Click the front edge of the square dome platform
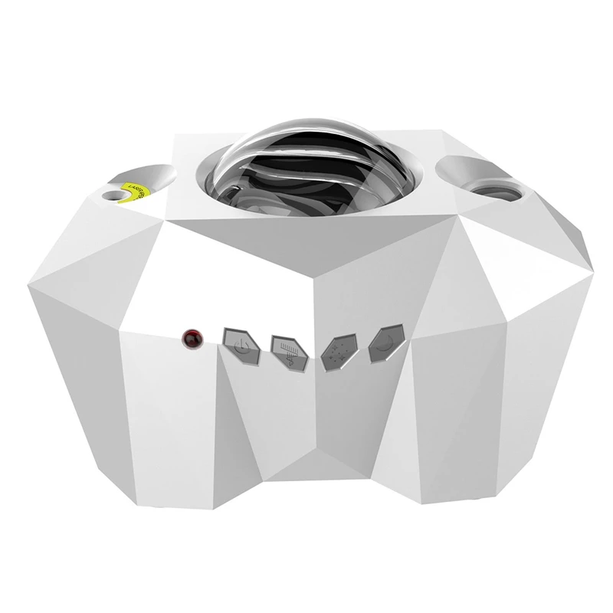point(306,222)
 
